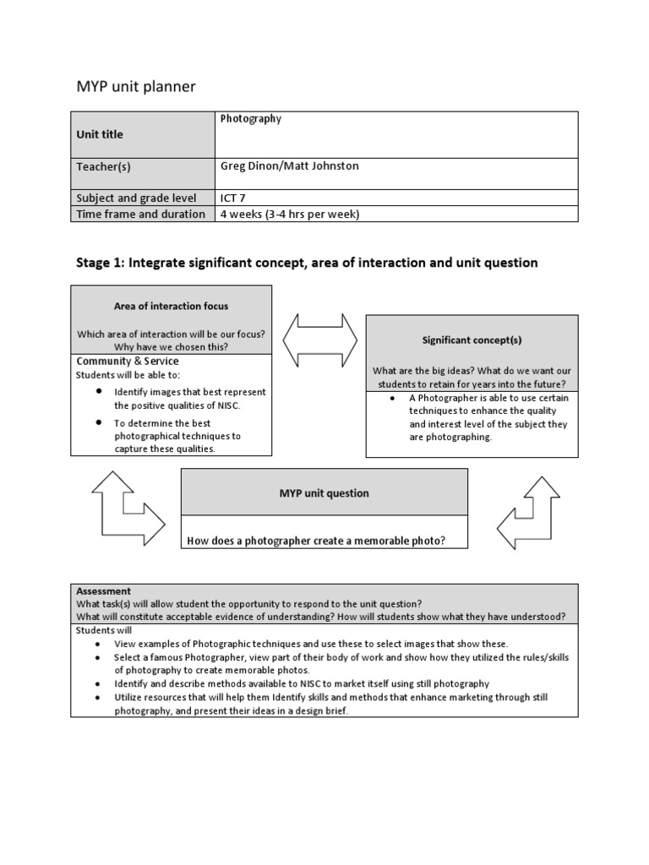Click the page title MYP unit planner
136,87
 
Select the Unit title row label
100,134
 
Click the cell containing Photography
251,119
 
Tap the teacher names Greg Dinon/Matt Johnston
289,166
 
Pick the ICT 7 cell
234,198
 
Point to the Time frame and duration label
141,214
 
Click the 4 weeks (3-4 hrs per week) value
290,214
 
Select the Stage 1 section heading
307,263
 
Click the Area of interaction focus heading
171,306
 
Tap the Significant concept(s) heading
472,340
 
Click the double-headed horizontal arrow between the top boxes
319,340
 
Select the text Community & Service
128,362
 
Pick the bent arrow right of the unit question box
529,513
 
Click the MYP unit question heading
324,493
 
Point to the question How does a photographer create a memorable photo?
316,541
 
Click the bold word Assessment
104,591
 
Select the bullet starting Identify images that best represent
189,398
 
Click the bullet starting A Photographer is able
488,417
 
